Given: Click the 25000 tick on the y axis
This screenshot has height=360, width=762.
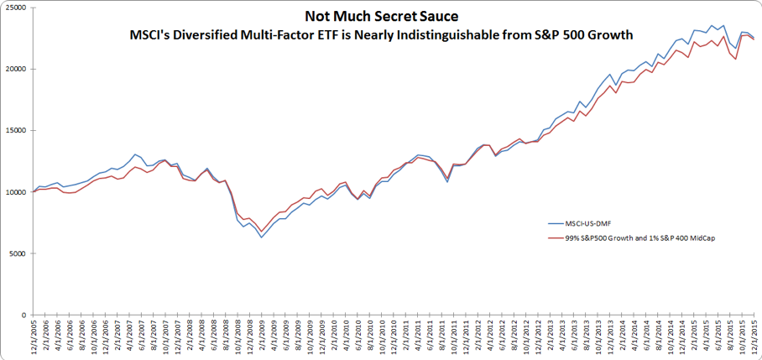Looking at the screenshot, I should (15, 8).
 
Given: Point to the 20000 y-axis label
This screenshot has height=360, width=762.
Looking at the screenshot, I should (15, 69).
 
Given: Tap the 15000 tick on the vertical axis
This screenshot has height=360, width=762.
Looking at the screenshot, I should (15, 130).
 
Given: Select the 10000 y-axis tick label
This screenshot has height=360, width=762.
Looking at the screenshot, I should (15, 192).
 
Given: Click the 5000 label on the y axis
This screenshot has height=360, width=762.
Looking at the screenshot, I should (17, 253).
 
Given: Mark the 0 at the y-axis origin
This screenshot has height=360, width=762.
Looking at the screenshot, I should (24, 315).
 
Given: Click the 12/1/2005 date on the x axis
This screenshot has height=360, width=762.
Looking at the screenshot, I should (34, 337).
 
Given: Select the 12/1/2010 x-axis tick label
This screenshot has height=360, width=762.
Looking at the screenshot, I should (394, 337).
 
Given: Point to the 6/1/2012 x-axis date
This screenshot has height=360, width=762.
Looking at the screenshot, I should (501, 339).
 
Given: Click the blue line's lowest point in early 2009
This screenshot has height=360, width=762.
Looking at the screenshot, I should (261, 237).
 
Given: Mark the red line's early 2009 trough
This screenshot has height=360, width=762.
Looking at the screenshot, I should (261, 232).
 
